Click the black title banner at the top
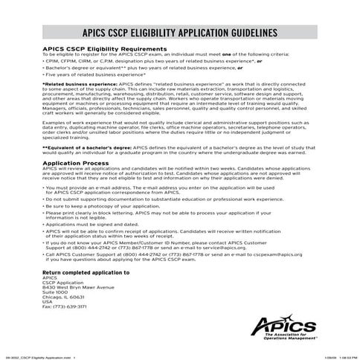[180, 33]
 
